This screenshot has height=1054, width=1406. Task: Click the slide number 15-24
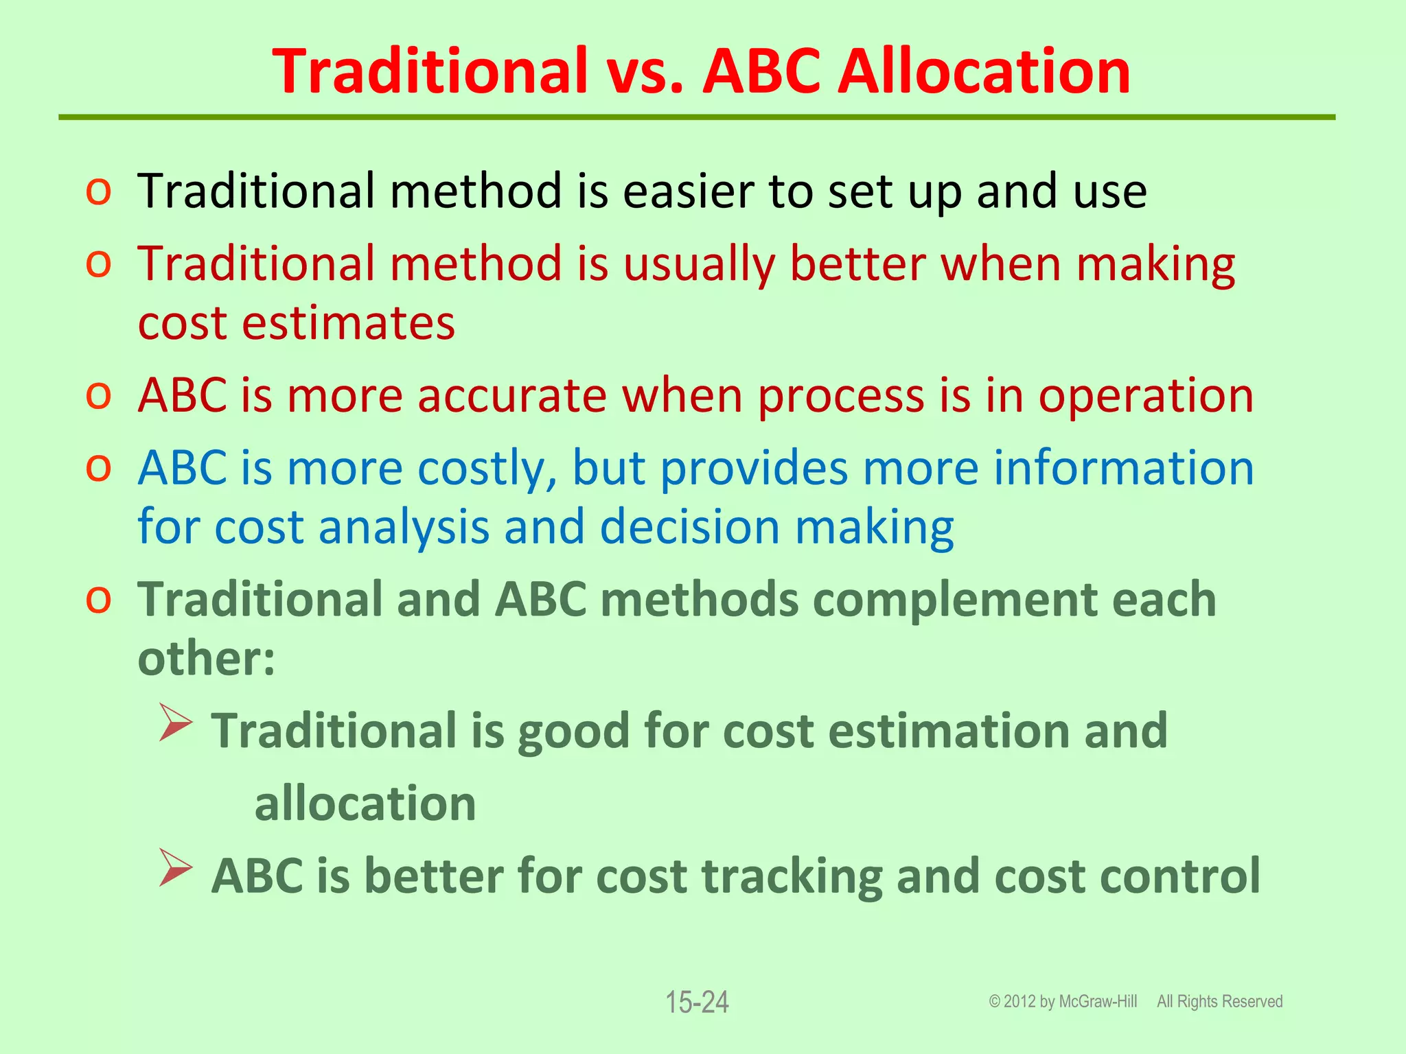point(697,1003)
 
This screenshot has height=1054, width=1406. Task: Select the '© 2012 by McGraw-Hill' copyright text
point(1063,1002)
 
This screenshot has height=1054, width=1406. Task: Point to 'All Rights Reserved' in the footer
point(1219,1002)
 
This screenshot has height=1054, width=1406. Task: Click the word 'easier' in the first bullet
point(688,191)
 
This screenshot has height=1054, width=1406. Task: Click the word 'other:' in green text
point(206,659)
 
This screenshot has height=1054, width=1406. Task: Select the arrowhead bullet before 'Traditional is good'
point(176,723)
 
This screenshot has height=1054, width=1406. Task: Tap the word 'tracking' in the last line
point(792,877)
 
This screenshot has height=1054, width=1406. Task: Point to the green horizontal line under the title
point(696,118)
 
